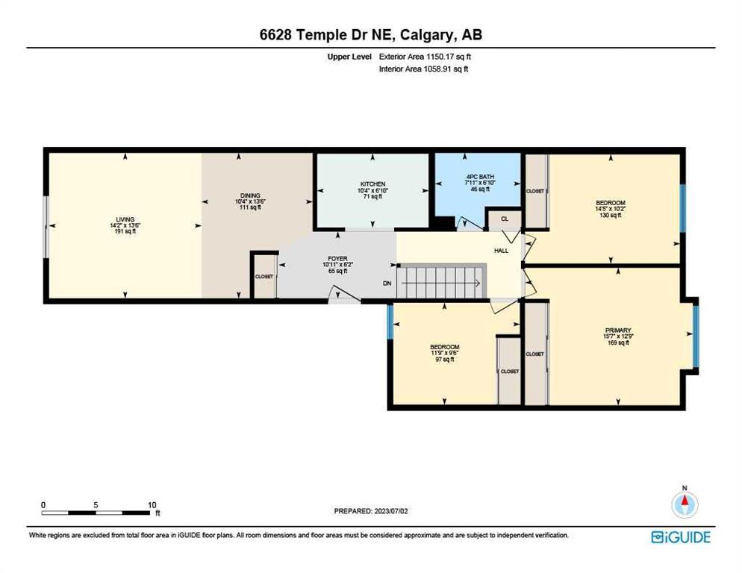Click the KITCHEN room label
373,184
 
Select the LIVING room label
125,219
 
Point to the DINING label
250,195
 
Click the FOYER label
338,259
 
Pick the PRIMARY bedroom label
618,331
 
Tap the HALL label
501,250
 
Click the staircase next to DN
442,283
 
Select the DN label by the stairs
387,284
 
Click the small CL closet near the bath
505,219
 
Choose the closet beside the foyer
264,277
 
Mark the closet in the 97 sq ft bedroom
509,372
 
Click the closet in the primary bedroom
536,354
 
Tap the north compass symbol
685,504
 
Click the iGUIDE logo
681,537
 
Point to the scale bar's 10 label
152,505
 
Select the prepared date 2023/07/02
391,511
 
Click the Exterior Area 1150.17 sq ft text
425,57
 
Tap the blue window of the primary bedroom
696,336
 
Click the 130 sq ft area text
611,216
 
